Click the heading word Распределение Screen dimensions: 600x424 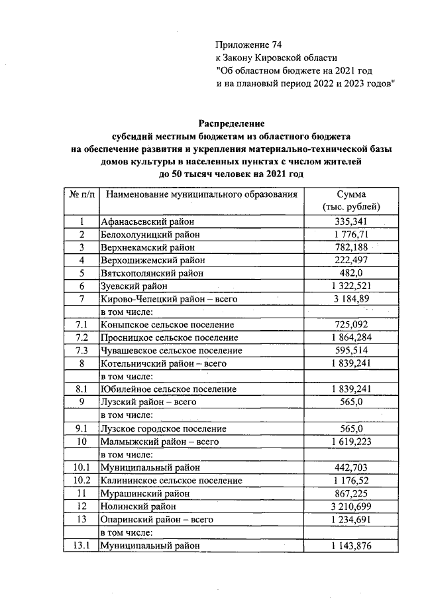coord(231,123)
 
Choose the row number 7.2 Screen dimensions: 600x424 coord(81,337)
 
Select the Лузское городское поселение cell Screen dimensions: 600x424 coord(163,428)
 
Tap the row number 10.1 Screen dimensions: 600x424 coord(81,467)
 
